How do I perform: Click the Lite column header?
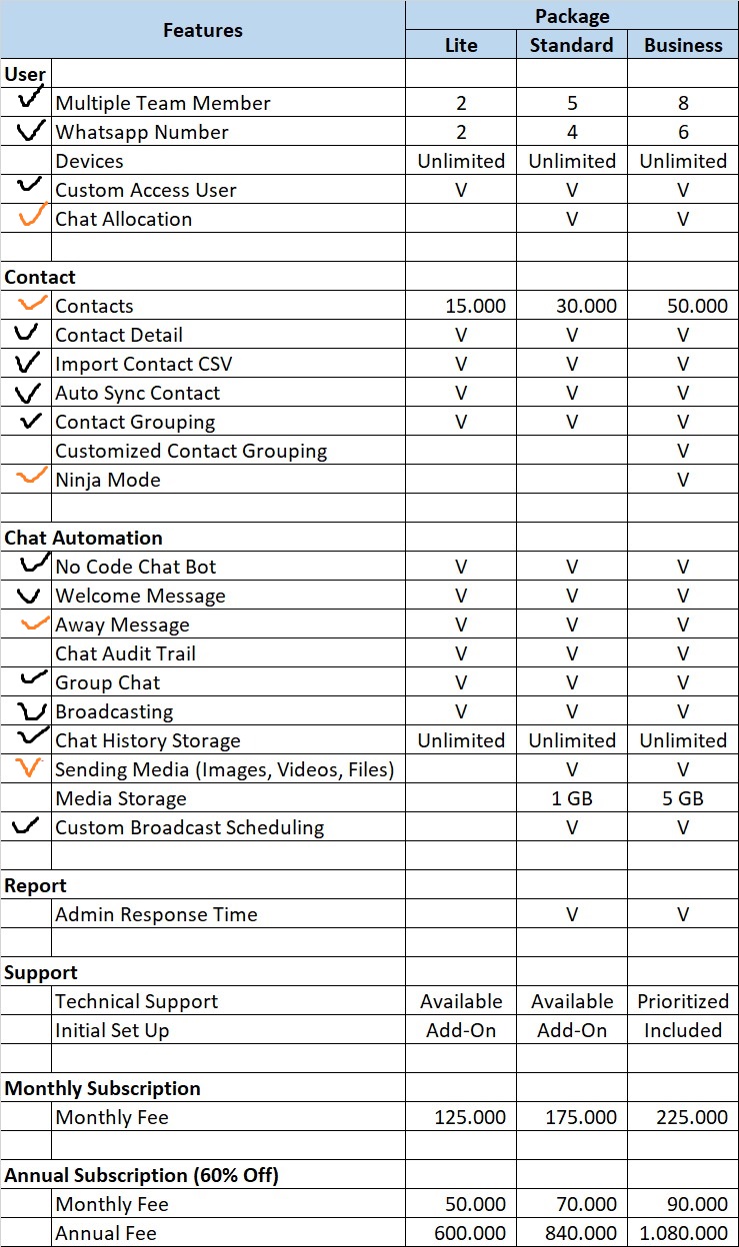461,45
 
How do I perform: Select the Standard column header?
571,45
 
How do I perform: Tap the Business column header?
683,45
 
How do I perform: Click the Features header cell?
202,30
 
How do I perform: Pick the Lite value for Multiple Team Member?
461,103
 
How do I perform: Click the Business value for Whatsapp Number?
683,132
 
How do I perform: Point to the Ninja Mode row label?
108,480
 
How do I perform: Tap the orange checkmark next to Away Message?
35,623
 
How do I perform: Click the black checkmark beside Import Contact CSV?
29,362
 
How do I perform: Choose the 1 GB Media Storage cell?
572,798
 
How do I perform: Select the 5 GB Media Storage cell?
683,798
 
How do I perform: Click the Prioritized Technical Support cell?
683,1001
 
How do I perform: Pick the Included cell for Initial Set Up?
683,1030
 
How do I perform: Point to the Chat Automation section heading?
84,538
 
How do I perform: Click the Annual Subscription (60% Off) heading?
142,1175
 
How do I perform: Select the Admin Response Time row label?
156,914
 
